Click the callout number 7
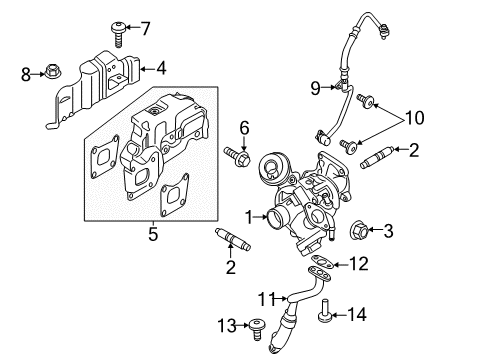point(144,27)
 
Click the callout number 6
point(244,127)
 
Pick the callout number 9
point(314,89)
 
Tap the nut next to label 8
point(52,71)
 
